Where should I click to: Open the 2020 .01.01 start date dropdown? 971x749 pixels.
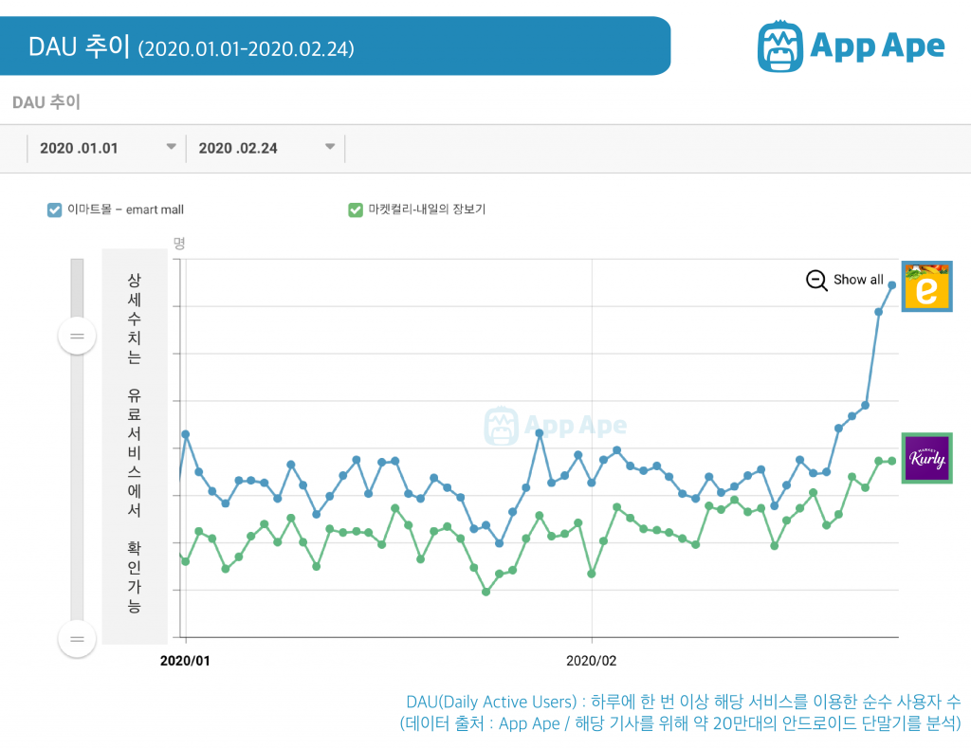coord(172,147)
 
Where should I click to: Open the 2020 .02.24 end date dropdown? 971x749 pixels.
coord(330,147)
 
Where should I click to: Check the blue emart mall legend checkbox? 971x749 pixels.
coord(55,210)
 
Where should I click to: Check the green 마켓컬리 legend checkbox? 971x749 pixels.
coord(356,210)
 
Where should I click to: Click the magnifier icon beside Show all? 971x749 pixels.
coord(816,280)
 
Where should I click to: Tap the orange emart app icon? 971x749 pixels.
coord(926,286)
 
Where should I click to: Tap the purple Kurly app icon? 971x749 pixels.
coord(926,459)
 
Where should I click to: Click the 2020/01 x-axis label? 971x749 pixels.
coord(187,660)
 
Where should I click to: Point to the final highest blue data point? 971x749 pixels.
coord(892,284)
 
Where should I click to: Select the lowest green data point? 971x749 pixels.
coord(486,592)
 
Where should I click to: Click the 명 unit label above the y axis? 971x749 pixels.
coord(179,244)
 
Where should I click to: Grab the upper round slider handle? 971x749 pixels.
coord(77,336)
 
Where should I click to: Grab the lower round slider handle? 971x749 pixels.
coord(77,639)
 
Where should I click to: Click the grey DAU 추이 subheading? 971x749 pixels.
coord(46,102)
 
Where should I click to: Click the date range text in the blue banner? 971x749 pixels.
coord(247,47)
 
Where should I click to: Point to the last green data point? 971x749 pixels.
coord(892,461)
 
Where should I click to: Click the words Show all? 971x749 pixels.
coord(858,280)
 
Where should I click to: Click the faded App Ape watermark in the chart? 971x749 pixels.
coord(556,426)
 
